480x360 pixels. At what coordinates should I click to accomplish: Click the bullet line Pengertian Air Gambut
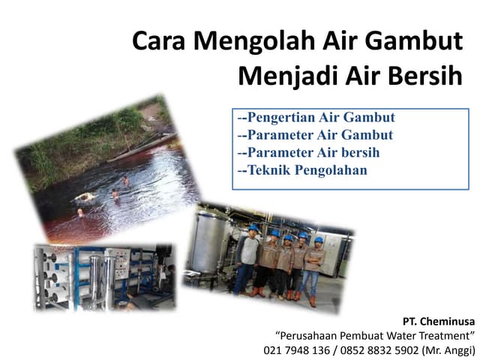coord(315,118)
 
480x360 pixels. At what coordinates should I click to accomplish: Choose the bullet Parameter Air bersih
coord(307,152)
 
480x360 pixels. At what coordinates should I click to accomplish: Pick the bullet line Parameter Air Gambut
coord(314,135)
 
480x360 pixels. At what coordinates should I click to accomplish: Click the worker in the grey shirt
coord(247,255)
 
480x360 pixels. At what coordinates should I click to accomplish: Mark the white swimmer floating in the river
coord(84,196)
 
